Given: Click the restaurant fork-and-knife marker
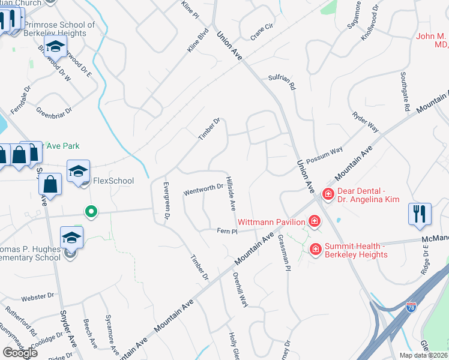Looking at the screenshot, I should pos(418,213).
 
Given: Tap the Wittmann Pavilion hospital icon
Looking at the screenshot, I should pos(314,222).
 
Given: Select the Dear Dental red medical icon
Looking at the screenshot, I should pos(328,194).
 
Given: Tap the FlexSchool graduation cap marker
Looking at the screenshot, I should pos(78,172).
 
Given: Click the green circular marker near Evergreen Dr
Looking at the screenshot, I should pos(91,211).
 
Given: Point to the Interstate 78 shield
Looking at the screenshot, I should pos(411,308).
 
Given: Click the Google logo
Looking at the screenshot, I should pos(20,353).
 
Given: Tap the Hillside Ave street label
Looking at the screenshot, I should pos(231,193).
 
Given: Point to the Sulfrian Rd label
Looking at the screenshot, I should pos(282,82).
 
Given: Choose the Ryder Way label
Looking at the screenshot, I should pos(366,121).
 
